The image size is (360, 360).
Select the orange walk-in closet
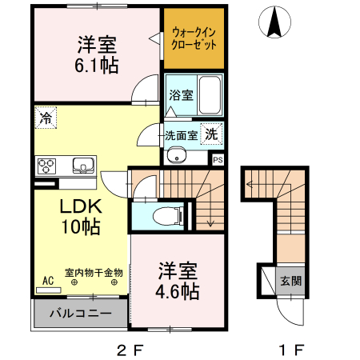coord(194,39)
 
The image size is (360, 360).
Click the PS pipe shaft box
coord(218,159)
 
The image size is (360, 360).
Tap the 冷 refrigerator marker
coord(43,118)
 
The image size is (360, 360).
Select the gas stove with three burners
coord(47,166)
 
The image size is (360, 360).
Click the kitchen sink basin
coord(82,166)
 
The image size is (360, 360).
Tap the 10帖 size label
coord(79,227)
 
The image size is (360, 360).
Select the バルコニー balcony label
coord(78,311)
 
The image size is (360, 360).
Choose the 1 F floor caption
coord(292,349)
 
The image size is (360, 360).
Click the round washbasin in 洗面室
coord(177,154)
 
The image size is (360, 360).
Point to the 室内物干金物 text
coord(94,272)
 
